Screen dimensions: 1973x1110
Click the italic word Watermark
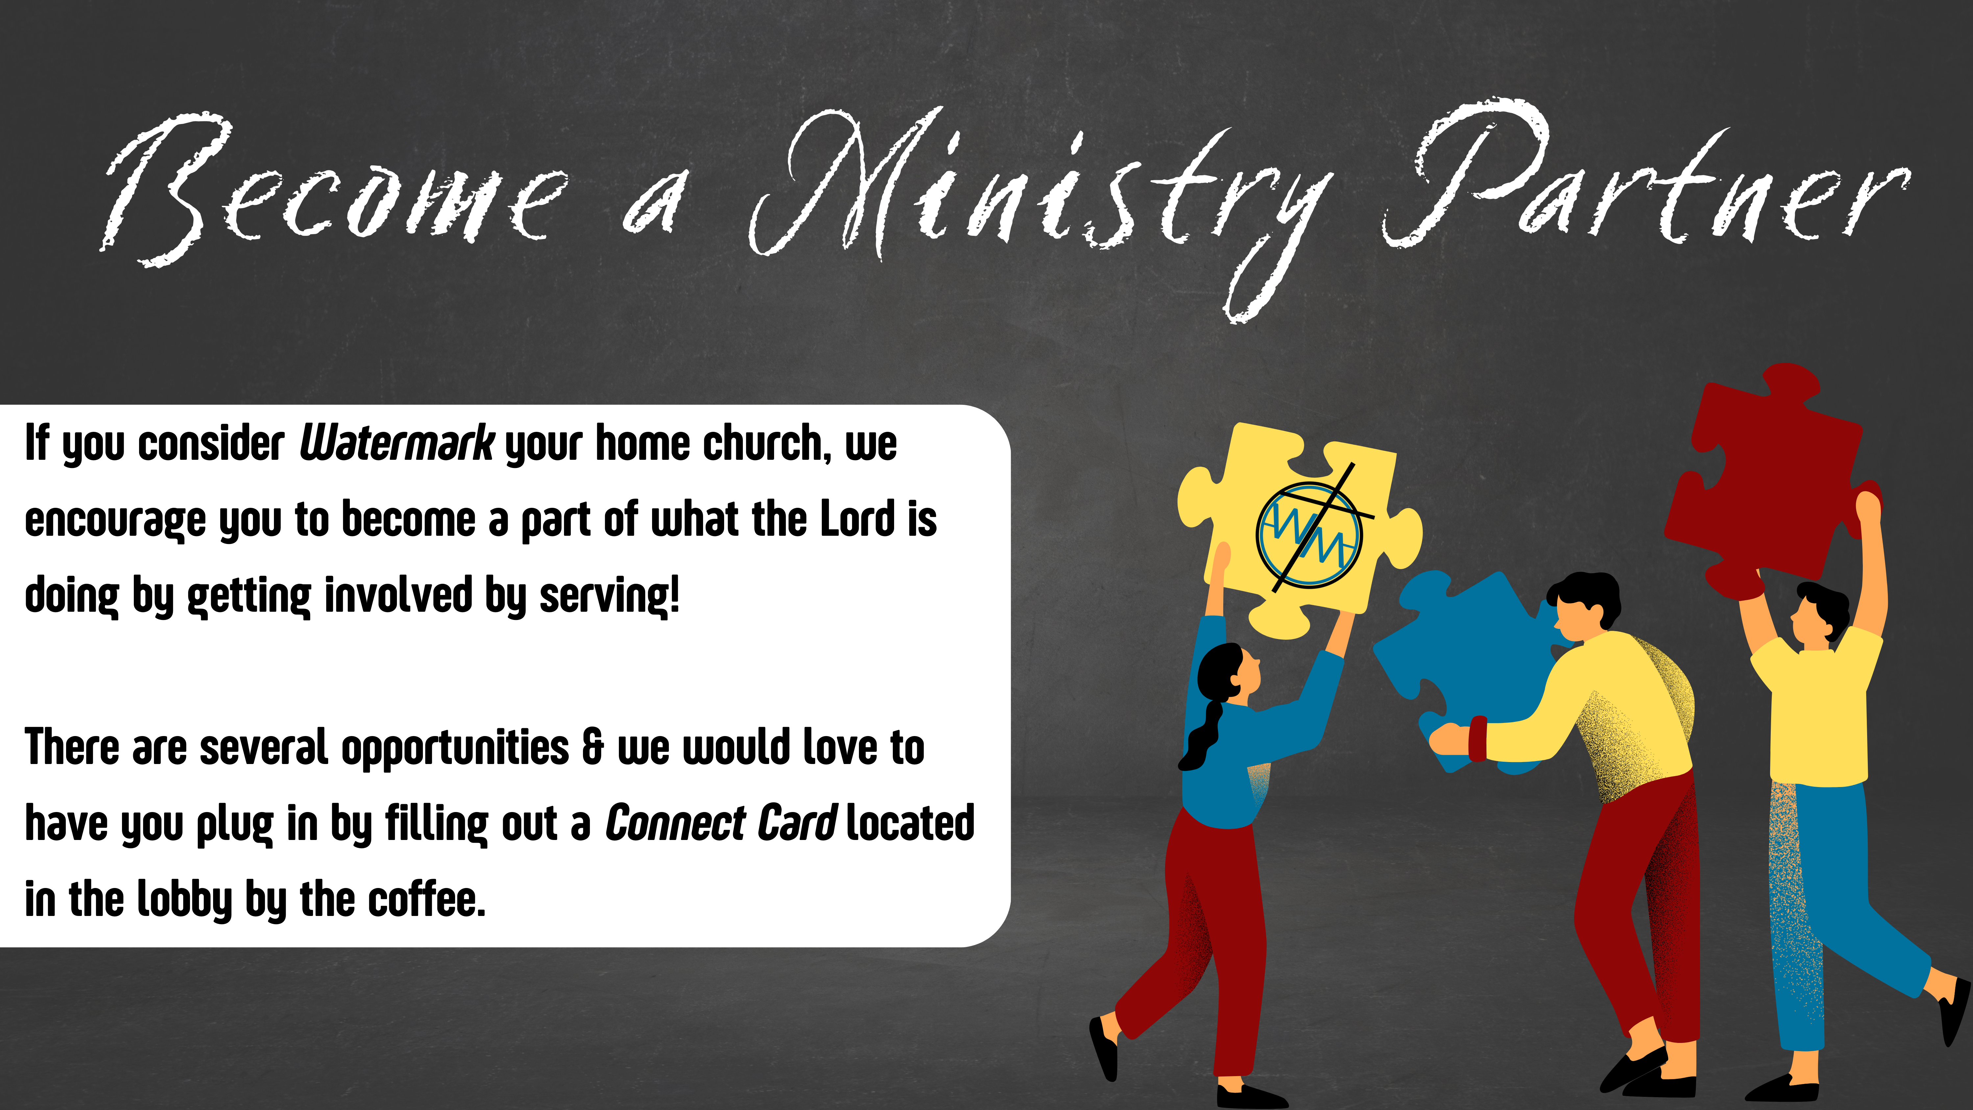pos(397,443)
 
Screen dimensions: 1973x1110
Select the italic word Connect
pos(675,823)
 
